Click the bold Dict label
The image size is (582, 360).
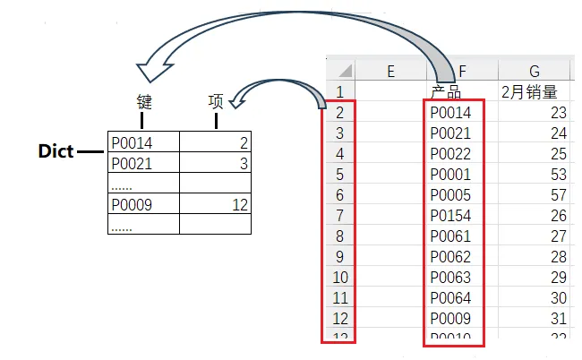[56, 151]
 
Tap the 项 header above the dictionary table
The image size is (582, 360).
[215, 101]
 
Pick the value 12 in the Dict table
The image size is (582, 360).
[239, 205]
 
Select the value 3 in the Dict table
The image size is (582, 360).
[244, 164]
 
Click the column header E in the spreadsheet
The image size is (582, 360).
[390, 72]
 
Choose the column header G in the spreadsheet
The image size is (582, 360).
[535, 72]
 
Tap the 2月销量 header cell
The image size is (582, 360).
[529, 91]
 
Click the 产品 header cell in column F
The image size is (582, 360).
[446, 91]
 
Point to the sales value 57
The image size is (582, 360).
[558, 195]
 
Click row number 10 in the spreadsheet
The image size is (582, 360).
[339, 278]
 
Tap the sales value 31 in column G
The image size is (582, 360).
[558, 319]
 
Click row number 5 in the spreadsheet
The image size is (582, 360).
[339, 175]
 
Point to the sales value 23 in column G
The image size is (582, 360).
[558, 113]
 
